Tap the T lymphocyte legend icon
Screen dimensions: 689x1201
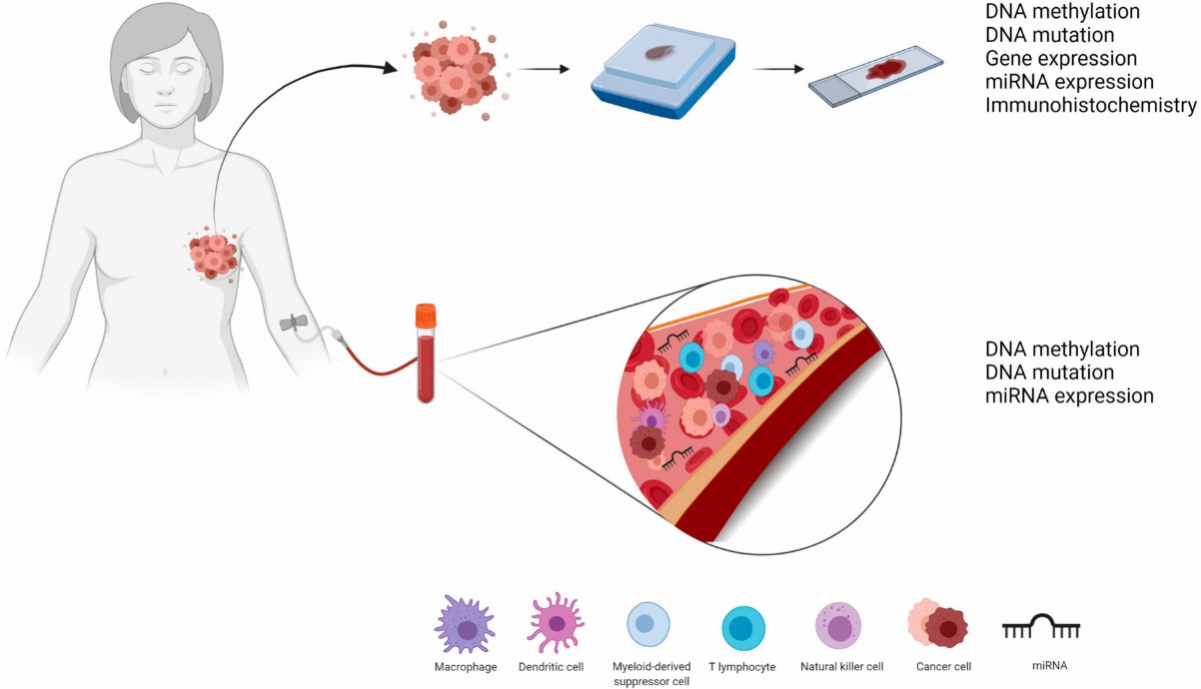pos(742,628)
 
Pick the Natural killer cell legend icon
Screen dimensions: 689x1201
pos(839,627)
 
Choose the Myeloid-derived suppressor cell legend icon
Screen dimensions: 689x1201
pos(646,626)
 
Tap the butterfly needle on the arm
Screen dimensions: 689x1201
pos(297,323)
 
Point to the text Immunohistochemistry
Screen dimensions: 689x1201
pos(1090,105)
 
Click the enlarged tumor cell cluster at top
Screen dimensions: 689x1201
pos(455,68)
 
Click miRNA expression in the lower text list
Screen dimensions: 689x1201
pos(1069,395)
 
